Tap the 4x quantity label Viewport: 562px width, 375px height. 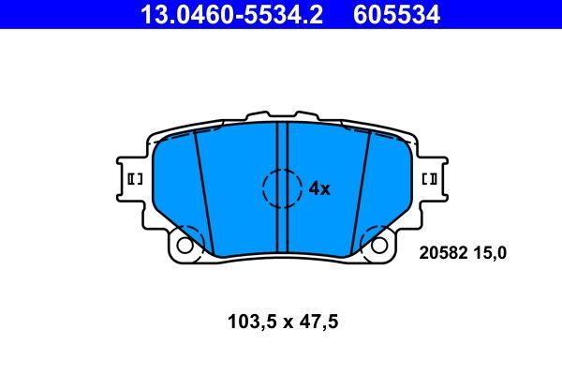pos(319,188)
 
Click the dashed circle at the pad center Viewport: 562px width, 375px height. pos(282,187)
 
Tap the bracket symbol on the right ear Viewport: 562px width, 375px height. pos(432,178)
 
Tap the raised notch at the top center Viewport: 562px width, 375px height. pos(282,115)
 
